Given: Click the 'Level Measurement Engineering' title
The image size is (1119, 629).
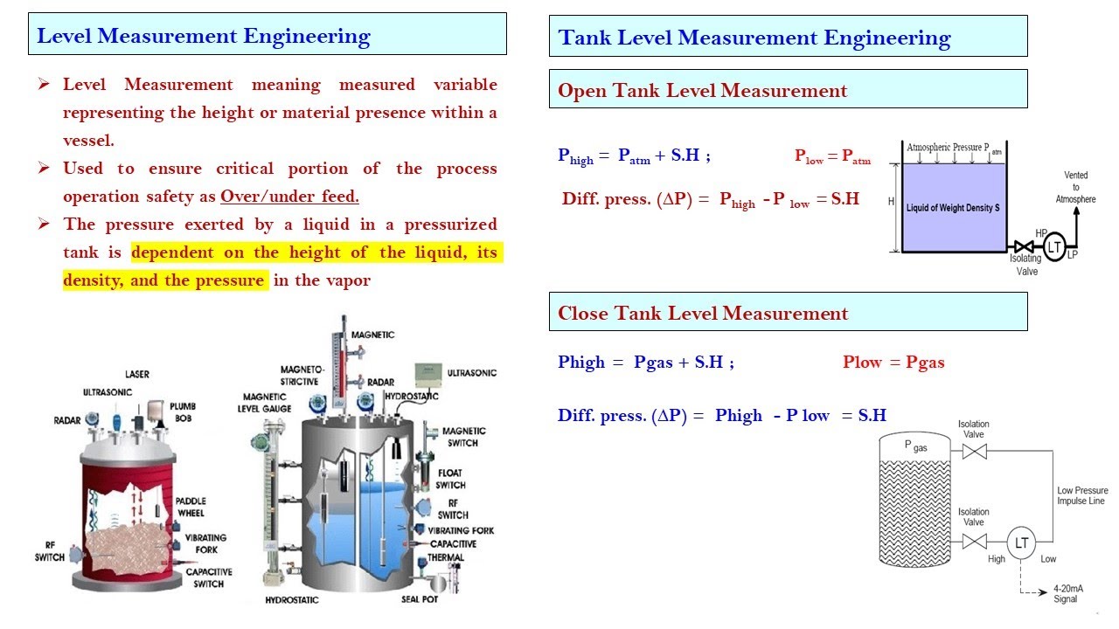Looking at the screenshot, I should tap(204, 36).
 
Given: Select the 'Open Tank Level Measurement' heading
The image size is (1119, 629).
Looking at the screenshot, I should tap(702, 91).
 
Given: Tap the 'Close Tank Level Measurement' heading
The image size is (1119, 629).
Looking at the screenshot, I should tap(702, 314).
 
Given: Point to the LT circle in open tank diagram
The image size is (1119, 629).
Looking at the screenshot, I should tap(1055, 248).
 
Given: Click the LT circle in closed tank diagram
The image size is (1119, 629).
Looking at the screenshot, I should tap(1021, 543).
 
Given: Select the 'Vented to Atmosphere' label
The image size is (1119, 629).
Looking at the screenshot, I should tap(1075, 187).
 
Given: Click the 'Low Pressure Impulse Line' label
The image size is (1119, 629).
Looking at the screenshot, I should tap(1082, 496).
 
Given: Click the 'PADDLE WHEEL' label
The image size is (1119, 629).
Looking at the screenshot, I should tap(191, 507).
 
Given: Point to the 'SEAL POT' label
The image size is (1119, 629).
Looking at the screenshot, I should tap(420, 599).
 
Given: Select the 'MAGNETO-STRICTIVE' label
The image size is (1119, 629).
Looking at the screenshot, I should tap(302, 376).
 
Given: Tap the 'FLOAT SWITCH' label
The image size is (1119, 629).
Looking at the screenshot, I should tap(451, 478).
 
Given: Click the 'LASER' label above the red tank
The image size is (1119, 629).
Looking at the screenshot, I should tap(136, 374).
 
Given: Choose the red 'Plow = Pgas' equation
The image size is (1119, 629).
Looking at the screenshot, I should tap(893, 363).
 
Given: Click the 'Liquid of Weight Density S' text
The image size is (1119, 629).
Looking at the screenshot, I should tap(953, 209).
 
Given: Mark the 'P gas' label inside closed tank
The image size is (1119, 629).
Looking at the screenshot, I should tap(915, 446).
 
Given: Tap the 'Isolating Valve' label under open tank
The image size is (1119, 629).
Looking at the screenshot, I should tap(1026, 265).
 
